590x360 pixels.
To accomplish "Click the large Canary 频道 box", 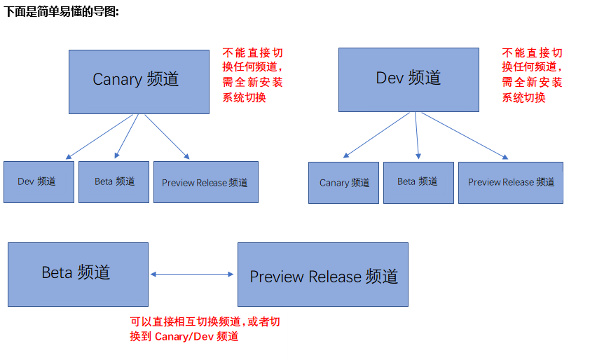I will click(x=139, y=81).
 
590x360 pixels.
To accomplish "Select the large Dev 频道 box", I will click(x=409, y=79).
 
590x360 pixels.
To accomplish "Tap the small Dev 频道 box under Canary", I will click(x=39, y=182).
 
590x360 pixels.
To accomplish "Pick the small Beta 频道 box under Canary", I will click(x=114, y=182).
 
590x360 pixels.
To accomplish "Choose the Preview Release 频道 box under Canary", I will click(x=205, y=182).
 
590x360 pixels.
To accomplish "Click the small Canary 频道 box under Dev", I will click(x=343, y=183).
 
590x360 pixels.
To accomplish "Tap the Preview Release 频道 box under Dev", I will click(x=510, y=183).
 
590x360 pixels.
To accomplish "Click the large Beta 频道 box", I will click(x=78, y=274).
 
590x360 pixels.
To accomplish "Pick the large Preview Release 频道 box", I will click(x=323, y=274).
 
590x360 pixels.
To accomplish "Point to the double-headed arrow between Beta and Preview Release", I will click(x=192, y=275).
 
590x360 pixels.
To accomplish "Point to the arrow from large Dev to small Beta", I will click(x=417, y=135).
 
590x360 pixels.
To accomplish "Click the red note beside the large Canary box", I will click(x=253, y=75).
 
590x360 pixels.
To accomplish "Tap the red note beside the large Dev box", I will click(x=533, y=75).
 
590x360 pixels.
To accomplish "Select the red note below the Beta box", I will click(x=205, y=329).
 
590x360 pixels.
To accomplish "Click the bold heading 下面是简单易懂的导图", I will click(x=62, y=12).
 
